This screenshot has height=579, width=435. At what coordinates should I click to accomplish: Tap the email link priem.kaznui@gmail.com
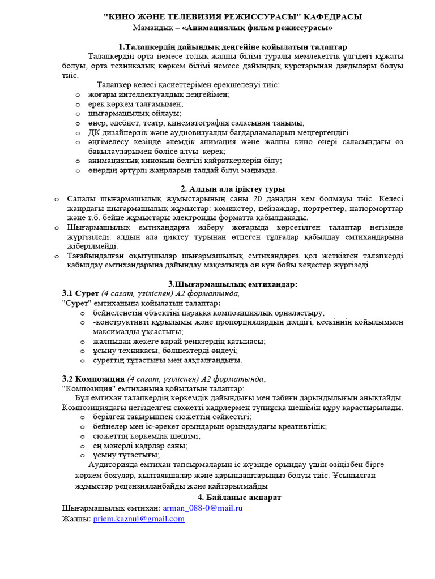point(139,518)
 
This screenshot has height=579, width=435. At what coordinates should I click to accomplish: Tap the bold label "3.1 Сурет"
point(80,293)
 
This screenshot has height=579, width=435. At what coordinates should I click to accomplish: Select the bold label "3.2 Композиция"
point(93,379)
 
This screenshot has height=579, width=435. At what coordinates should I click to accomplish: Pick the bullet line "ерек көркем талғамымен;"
point(127,103)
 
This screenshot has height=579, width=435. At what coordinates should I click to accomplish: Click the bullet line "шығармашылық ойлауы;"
point(125,113)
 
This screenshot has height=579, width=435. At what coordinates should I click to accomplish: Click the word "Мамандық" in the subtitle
point(152,27)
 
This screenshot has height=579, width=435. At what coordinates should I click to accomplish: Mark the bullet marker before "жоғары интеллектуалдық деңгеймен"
point(78,94)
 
